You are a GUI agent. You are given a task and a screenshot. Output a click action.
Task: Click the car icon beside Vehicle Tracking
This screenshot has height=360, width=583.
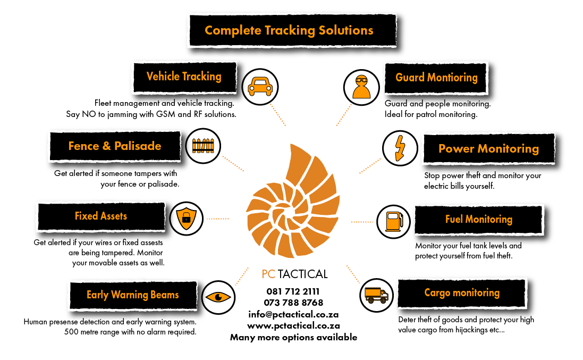click(x=260, y=87)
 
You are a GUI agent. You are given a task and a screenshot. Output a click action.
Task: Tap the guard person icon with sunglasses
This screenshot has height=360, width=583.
click(x=361, y=87)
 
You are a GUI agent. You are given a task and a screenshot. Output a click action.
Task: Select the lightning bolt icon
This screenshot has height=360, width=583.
click(x=400, y=148)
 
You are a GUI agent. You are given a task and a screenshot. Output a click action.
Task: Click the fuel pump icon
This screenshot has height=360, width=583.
click(x=394, y=222)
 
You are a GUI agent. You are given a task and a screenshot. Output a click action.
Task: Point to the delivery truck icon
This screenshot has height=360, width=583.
click(x=377, y=295)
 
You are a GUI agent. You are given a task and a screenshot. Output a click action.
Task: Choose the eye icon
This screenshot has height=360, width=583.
click(x=218, y=297)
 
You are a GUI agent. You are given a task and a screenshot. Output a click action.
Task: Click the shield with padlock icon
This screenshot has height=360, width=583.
click(x=187, y=219)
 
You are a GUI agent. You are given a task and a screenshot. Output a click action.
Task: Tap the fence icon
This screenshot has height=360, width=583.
click(x=203, y=146)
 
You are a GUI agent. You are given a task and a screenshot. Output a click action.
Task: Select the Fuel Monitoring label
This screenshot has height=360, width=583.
click(x=479, y=220)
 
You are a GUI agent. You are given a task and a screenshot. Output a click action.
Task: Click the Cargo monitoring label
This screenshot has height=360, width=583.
click(x=462, y=293)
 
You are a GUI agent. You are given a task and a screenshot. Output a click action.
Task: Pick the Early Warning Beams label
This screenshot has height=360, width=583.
click(x=133, y=295)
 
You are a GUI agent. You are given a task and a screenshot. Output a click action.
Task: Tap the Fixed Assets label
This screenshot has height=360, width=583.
click(x=101, y=216)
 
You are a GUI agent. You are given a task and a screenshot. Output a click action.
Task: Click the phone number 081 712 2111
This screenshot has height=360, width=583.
click(x=293, y=291)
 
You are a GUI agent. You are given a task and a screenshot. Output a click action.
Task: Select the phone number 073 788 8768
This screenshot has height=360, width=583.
click(x=293, y=303)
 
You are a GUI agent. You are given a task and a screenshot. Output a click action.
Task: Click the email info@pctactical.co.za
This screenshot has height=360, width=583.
click(x=293, y=315)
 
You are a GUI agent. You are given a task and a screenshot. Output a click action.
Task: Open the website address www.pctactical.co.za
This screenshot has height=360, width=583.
click(x=293, y=326)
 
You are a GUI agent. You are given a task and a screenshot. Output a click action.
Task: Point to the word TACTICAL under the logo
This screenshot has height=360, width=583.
click(x=302, y=274)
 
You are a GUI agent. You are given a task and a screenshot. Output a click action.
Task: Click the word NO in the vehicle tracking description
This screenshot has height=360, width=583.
click(x=89, y=114)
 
